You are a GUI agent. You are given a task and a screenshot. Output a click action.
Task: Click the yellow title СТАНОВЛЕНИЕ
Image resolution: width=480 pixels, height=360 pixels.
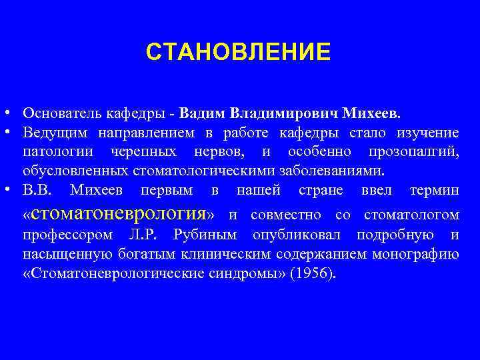point(238,51)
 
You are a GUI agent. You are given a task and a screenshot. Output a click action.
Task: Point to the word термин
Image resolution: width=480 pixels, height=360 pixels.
point(434,191)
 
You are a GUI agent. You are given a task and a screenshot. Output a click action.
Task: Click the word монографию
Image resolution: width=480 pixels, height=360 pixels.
point(416,255)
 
